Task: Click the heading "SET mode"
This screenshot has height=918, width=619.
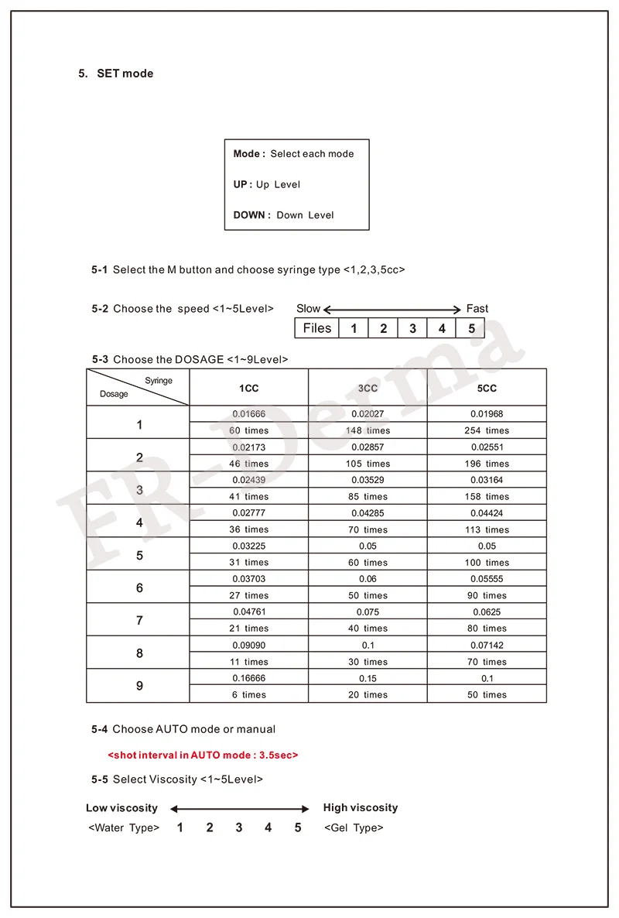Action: (125, 74)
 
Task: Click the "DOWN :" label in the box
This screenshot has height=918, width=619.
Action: (251, 215)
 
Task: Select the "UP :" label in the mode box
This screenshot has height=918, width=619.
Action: (243, 184)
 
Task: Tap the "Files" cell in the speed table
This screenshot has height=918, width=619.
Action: (317, 328)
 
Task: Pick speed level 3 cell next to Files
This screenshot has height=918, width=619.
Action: (412, 328)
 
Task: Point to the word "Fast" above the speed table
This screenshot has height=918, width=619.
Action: (477, 309)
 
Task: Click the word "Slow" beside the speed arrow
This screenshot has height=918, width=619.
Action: (308, 309)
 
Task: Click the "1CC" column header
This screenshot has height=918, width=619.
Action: (248, 388)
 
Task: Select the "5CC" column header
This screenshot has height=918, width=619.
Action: (487, 388)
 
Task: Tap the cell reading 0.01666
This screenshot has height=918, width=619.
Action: (248, 414)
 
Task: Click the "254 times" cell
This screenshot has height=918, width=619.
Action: (487, 430)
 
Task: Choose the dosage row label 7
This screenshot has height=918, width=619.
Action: (139, 621)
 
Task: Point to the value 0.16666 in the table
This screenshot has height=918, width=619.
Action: (248, 678)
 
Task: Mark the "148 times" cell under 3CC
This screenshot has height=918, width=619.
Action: (368, 430)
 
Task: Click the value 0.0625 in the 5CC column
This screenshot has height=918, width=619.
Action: (487, 612)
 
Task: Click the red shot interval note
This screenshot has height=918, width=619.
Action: (203, 755)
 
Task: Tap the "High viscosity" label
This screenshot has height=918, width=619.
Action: (361, 808)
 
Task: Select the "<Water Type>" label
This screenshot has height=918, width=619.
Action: (124, 828)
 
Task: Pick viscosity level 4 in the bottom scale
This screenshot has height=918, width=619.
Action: (268, 828)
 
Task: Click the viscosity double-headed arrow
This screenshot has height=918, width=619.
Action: (240, 809)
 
